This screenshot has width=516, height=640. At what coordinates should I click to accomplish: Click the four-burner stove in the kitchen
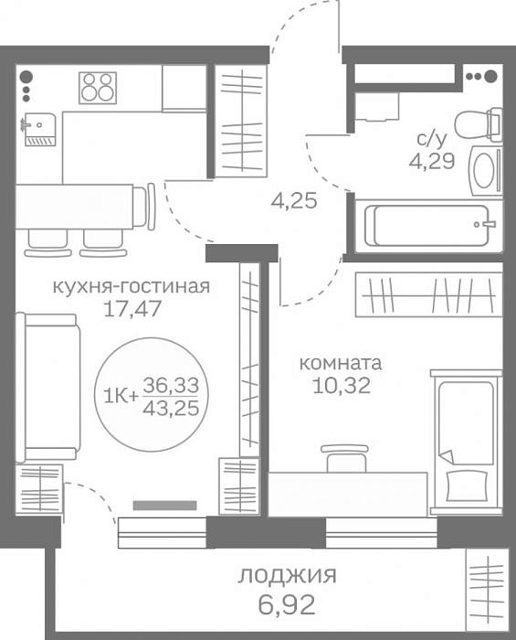(x=98, y=88)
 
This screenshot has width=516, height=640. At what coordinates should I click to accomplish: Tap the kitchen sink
(x=38, y=129)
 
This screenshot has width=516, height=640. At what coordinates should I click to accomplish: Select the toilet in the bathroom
(x=479, y=125)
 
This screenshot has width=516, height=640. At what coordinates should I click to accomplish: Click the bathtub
(x=428, y=225)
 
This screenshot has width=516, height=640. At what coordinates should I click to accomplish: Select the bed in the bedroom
(x=467, y=442)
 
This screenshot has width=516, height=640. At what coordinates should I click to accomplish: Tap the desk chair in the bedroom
(x=345, y=458)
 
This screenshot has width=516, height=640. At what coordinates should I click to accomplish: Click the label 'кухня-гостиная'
(x=132, y=286)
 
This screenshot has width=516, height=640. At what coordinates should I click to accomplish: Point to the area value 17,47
(x=132, y=309)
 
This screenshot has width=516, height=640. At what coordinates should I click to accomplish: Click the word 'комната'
(x=341, y=363)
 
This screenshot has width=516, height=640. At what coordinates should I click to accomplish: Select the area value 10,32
(x=342, y=385)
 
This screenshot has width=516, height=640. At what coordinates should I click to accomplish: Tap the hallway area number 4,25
(x=294, y=201)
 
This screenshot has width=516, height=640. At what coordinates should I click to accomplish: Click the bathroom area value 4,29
(x=432, y=162)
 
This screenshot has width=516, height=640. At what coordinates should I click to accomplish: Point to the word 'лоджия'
(x=288, y=576)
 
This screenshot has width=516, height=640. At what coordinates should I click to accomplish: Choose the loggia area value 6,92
(x=287, y=605)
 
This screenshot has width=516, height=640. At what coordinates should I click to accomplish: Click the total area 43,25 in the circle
(x=171, y=408)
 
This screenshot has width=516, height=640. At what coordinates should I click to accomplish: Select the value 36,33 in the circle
(x=171, y=385)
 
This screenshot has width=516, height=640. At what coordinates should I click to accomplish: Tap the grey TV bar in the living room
(x=165, y=506)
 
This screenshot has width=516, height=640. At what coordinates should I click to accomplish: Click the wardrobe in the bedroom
(x=429, y=294)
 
